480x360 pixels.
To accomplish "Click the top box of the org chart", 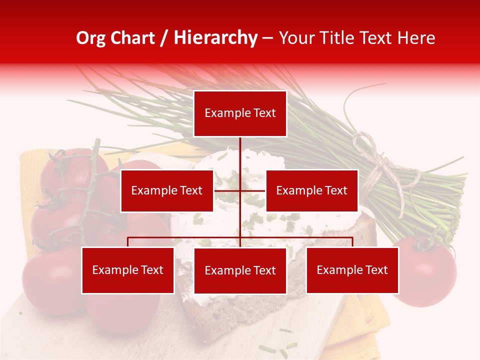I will [x=240, y=113].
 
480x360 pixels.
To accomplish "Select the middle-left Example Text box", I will [x=167, y=190].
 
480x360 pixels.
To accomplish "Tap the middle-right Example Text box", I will [x=311, y=190].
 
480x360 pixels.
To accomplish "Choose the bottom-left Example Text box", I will [x=128, y=270].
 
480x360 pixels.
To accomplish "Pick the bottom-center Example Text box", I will [x=240, y=270].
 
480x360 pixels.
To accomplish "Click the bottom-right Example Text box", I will [x=352, y=270].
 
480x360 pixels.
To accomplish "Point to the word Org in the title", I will [x=90, y=38].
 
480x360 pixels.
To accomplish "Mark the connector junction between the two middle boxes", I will [x=240, y=190].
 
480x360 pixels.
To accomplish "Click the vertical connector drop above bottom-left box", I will [x=128, y=242].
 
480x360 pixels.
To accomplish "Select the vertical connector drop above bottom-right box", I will [x=352, y=242].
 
